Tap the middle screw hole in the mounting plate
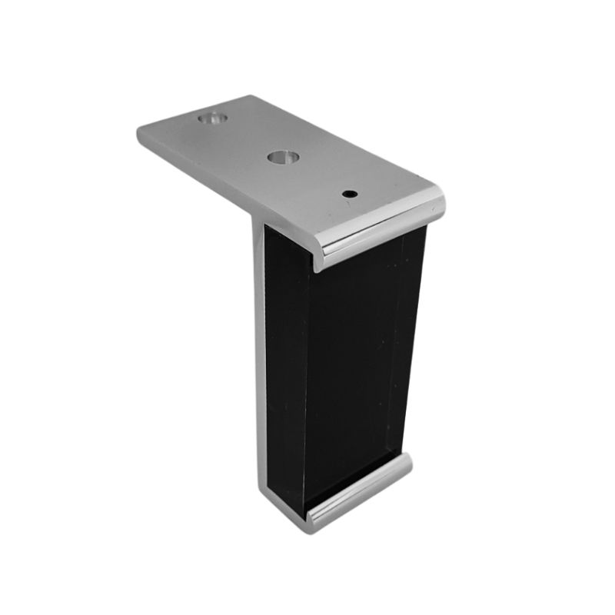(282, 158)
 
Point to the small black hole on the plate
(350, 194)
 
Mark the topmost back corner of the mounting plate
(251, 97)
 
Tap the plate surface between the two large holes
(246, 138)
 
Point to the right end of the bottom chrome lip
(407, 461)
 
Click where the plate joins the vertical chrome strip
(256, 219)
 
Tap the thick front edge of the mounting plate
(231, 184)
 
